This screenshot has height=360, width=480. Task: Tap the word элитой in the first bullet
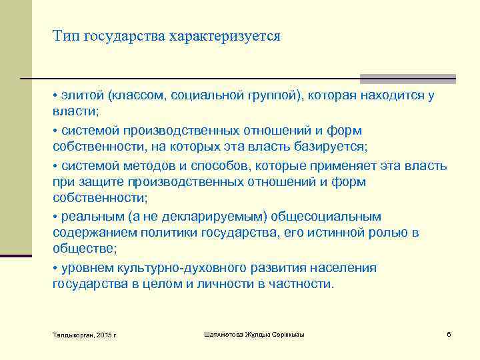click(83, 95)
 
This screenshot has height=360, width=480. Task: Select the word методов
click(137, 165)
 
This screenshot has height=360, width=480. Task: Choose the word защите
click(95, 182)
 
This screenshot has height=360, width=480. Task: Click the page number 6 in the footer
click(449, 333)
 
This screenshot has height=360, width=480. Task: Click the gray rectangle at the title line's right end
click(408, 79)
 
